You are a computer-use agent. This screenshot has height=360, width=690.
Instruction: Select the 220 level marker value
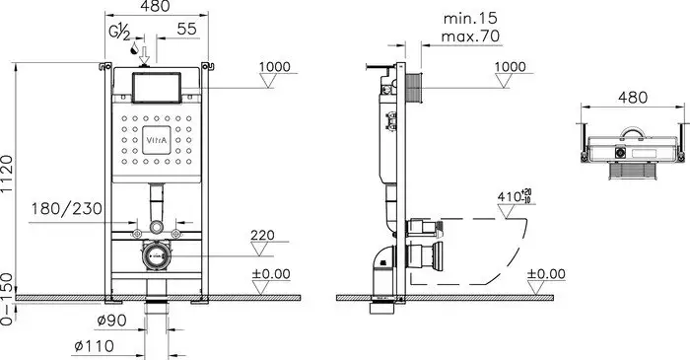262,237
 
